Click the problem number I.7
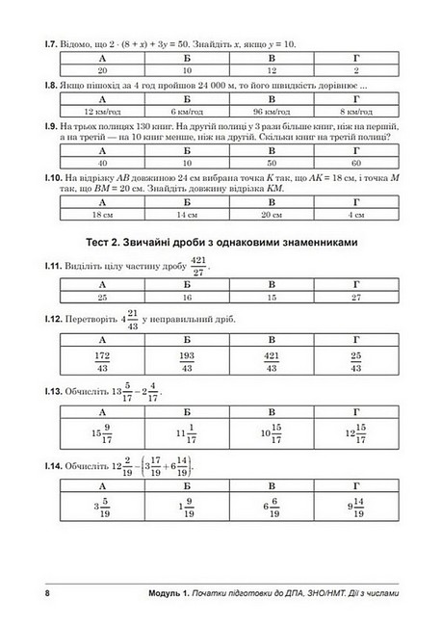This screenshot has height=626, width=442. tap(39, 45)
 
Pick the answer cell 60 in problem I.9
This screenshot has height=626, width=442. tap(356, 164)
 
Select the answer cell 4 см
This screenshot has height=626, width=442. tap(356, 216)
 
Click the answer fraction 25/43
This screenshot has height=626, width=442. tap(356, 362)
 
